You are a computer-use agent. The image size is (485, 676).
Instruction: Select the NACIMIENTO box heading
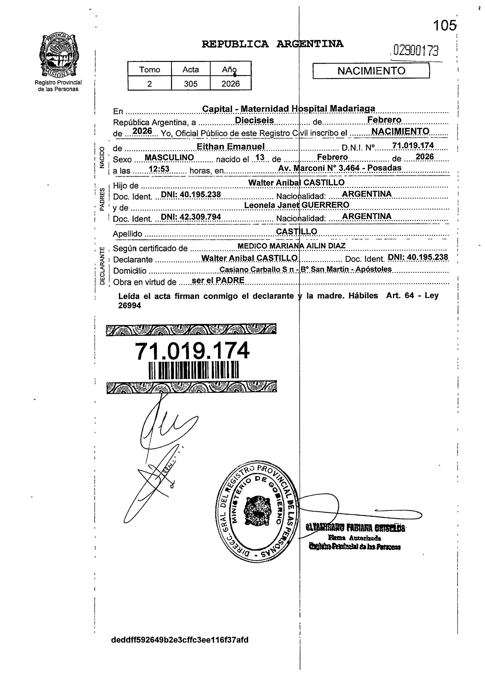pos(371,71)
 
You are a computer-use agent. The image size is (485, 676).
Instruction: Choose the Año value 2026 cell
pos(230,84)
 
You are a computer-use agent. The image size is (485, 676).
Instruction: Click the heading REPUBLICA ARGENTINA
pos(272,44)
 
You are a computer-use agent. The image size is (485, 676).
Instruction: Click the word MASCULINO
pos(169,157)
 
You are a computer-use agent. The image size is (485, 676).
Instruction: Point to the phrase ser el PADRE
pos(218,280)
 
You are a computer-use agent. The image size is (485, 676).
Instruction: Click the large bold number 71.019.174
pos(192,351)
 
